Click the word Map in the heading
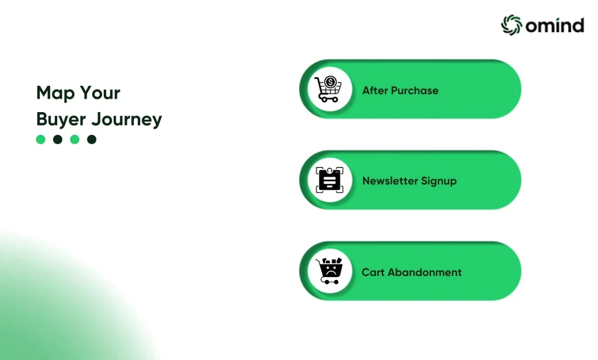coord(55,93)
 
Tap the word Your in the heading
coord(100,93)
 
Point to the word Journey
coord(127,119)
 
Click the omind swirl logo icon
coord(511,25)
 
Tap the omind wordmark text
coord(555,26)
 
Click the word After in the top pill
coord(374,91)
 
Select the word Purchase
coord(415,91)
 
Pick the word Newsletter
coord(390,181)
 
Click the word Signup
coord(439,181)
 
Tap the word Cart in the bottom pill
coord(373,272)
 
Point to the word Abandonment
coord(425,272)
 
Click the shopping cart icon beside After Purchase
coord(328,89)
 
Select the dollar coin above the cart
coord(331,82)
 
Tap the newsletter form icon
coord(329,180)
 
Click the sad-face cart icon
coord(329,271)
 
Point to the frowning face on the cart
coord(331,271)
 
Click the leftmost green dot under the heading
coord(41,139)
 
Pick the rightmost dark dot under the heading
coord(92,139)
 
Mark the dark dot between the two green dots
coord(58,139)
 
